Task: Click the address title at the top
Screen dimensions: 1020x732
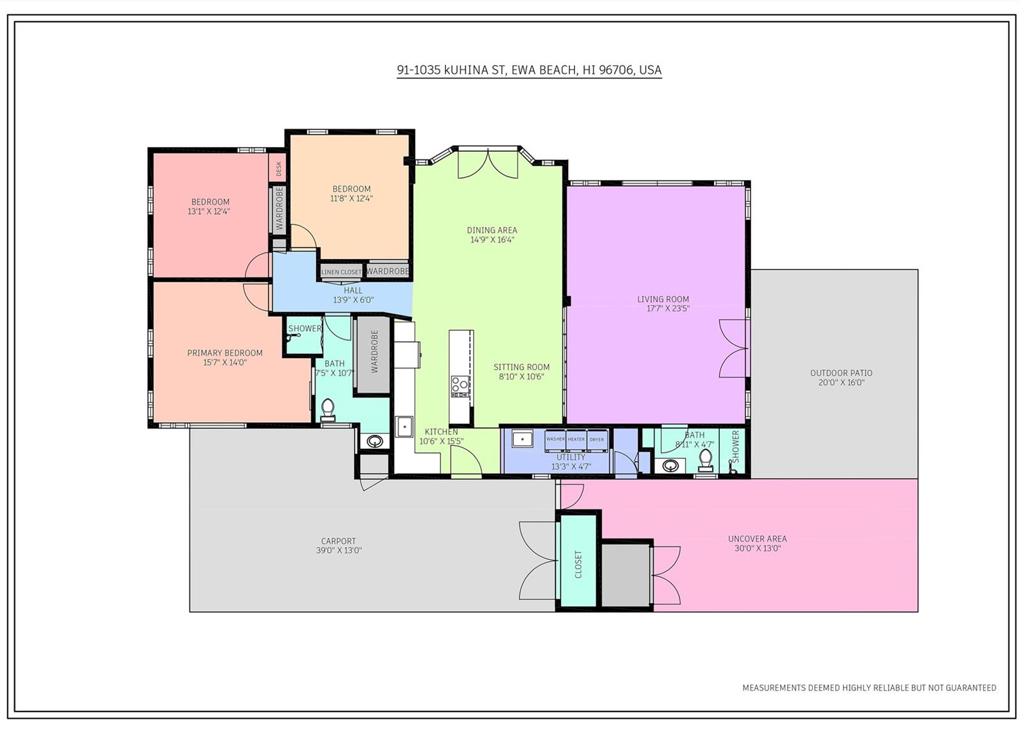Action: coord(529,70)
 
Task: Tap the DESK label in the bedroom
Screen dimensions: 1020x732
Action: coord(279,168)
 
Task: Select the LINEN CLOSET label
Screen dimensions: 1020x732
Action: coord(342,272)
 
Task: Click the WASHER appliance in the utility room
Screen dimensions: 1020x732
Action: coord(555,439)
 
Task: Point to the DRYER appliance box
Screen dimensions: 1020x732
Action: coord(597,439)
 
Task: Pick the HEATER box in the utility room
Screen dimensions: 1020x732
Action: coord(576,439)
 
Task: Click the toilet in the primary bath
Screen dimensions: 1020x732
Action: coord(328,410)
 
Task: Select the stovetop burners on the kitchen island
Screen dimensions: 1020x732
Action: coord(460,387)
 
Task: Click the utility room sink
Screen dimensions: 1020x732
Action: coord(522,439)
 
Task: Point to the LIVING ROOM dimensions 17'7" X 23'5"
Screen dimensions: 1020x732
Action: coord(669,309)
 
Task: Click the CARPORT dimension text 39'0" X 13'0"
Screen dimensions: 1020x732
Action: coord(339,550)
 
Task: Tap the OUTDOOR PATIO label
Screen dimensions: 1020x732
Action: coord(841,373)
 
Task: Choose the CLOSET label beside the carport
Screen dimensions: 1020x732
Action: coord(578,564)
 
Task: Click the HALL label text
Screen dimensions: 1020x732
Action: coord(353,291)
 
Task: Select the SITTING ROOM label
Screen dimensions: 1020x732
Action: coord(521,367)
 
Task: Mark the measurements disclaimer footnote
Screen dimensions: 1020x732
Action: coord(870,688)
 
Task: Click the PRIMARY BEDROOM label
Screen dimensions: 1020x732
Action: coord(225,353)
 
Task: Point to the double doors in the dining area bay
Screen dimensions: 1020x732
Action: coord(488,163)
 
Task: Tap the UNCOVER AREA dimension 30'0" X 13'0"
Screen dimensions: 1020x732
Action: coord(758,548)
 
